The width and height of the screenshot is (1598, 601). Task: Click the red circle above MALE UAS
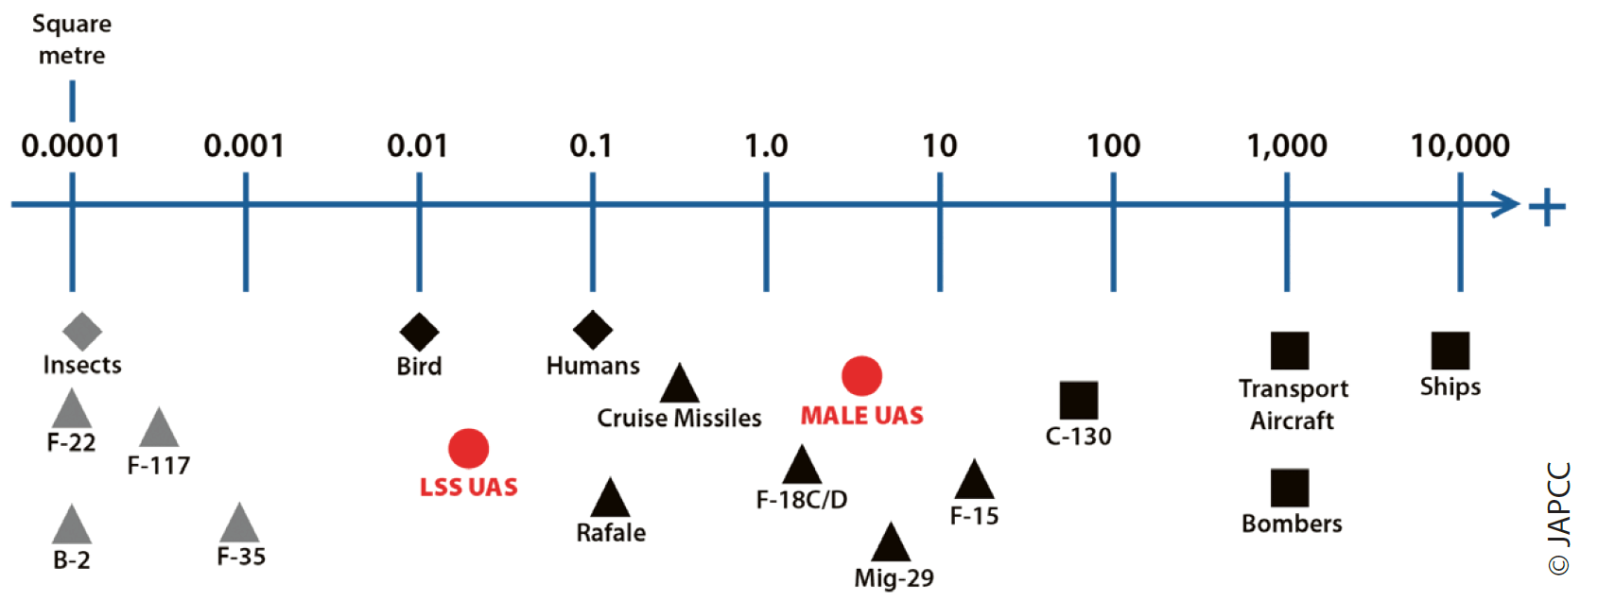point(861,376)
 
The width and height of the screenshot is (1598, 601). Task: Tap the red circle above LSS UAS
point(468,449)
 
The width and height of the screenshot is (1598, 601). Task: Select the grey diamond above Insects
point(82,332)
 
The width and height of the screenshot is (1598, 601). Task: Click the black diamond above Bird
point(419,332)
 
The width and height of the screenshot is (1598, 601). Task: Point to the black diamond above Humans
point(593,330)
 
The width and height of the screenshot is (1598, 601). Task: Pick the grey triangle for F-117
point(159,430)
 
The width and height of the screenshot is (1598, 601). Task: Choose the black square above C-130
point(1078,401)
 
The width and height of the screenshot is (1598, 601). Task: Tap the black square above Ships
point(1450,351)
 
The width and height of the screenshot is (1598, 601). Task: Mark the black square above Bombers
point(1290,489)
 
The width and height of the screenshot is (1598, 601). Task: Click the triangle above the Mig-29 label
point(890,544)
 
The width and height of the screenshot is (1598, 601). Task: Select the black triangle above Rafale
point(610,500)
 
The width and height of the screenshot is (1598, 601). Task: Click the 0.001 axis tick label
point(244,146)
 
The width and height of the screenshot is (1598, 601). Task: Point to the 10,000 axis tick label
point(1460,146)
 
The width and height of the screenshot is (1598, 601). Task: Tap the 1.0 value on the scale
point(766,146)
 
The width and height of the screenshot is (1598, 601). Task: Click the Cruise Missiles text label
point(679,418)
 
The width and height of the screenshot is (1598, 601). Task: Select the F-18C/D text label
point(802,500)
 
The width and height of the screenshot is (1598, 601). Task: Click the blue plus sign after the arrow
point(1547,207)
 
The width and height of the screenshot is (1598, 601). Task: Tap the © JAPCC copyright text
point(1558,518)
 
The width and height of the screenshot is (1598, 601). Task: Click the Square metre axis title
point(72,40)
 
